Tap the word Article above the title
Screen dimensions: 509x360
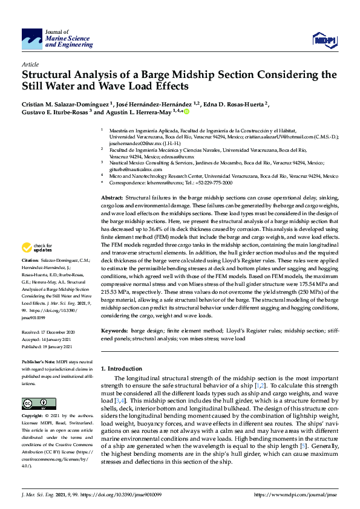point(30,63)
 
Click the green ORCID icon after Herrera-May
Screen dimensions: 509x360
point(186,111)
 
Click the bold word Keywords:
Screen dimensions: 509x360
point(114,331)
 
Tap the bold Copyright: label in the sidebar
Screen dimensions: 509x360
point(34,416)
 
